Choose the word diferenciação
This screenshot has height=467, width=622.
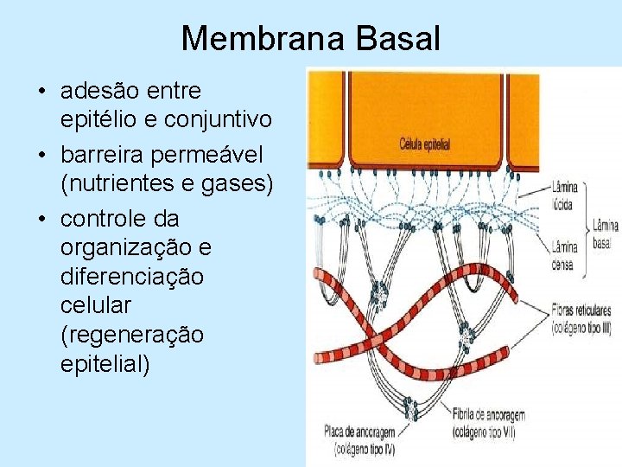(132, 277)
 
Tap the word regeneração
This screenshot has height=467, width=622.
(132, 335)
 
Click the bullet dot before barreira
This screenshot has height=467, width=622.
(41, 157)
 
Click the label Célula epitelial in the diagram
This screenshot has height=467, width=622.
(425, 144)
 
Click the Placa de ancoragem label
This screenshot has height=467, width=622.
(360, 430)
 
